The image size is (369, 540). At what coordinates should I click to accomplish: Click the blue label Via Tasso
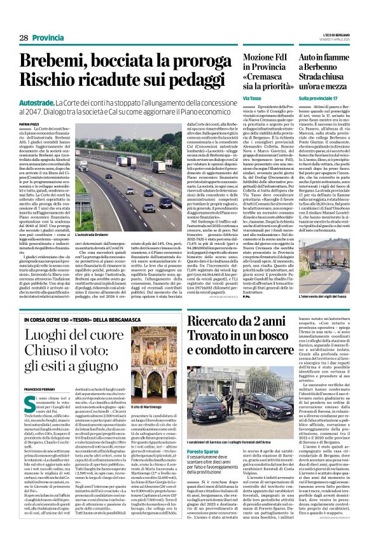click(x=253, y=99)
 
